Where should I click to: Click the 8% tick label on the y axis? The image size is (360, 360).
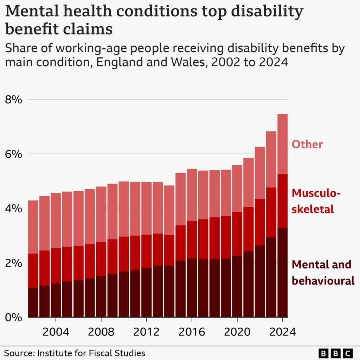click(14, 99)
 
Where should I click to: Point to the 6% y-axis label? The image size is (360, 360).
click(14, 154)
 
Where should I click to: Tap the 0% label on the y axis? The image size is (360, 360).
click(14, 317)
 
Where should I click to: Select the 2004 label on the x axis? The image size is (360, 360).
click(56, 332)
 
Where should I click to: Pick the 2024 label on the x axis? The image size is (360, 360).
click(282, 332)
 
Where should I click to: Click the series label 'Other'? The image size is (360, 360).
click(307, 144)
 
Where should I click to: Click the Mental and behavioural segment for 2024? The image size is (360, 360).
click(283, 272)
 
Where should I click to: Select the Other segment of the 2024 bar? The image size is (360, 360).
click(283, 144)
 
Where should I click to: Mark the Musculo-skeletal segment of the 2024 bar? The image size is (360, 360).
click(283, 201)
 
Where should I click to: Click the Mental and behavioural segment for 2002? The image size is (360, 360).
click(33, 302)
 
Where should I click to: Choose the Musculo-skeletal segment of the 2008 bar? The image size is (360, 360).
click(101, 259)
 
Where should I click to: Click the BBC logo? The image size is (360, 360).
click(335, 353)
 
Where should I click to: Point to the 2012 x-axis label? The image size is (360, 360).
click(146, 332)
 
